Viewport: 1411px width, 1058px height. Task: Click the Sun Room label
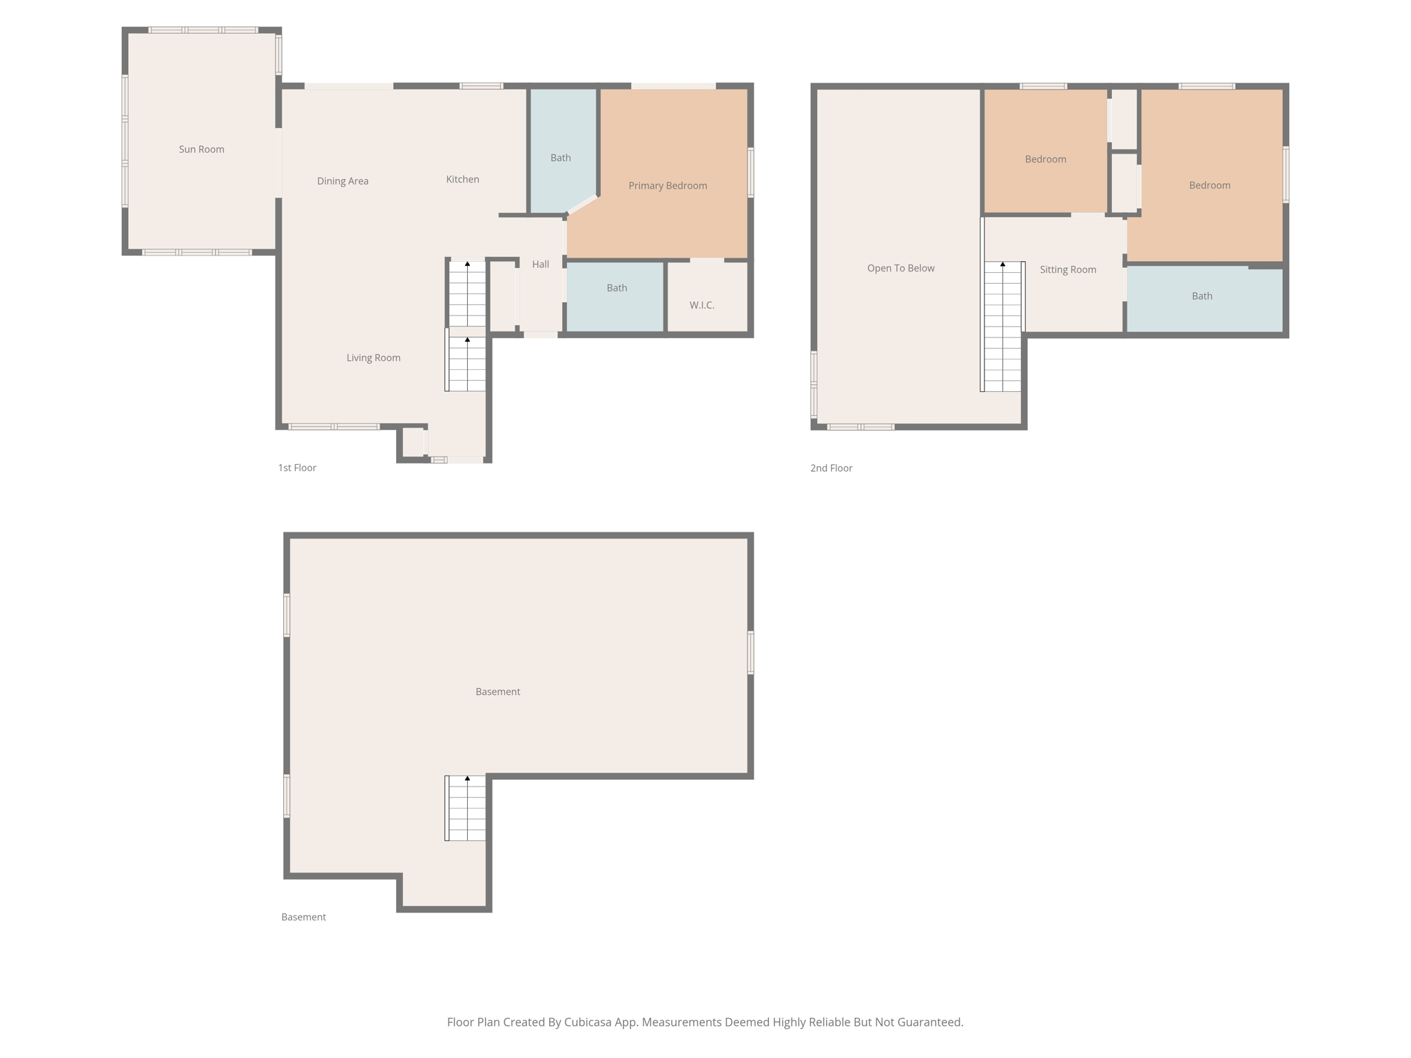click(x=201, y=149)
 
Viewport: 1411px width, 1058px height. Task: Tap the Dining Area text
click(x=342, y=181)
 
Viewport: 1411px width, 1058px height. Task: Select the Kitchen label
click(x=462, y=179)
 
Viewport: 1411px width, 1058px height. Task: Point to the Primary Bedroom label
click(x=667, y=186)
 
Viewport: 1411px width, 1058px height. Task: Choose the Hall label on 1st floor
click(x=540, y=264)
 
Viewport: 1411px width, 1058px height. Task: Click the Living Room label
click(x=373, y=358)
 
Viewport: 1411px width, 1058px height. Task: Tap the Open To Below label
click(x=900, y=269)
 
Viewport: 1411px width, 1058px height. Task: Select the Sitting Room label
click(x=1067, y=270)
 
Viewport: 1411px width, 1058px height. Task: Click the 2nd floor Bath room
click(x=1202, y=296)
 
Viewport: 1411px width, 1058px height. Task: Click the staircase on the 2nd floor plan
click(x=1002, y=326)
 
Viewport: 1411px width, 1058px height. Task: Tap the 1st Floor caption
click(x=297, y=468)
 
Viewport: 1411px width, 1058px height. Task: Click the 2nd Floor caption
click(x=831, y=468)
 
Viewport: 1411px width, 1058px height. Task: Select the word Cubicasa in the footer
click(x=588, y=1022)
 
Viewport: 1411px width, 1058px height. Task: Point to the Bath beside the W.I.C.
click(x=616, y=289)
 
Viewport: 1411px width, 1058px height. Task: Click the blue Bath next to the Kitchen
click(x=560, y=158)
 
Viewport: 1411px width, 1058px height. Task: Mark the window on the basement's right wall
click(x=750, y=652)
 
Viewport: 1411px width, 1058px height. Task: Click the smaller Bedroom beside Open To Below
click(x=1044, y=159)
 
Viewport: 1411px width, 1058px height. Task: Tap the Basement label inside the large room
click(x=497, y=692)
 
